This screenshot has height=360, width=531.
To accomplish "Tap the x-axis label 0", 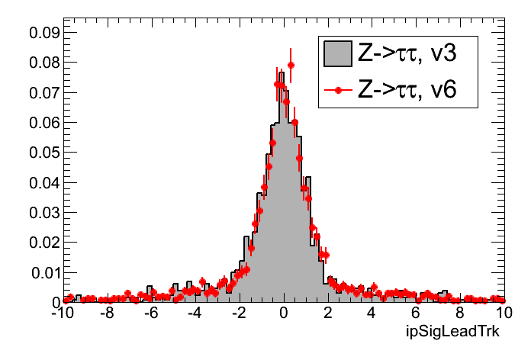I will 284,314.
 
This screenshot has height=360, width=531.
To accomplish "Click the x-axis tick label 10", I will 504,314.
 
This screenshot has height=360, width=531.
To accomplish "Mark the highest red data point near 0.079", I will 291,65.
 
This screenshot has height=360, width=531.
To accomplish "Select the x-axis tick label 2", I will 328,314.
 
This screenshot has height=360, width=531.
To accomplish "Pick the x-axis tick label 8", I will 460,314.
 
